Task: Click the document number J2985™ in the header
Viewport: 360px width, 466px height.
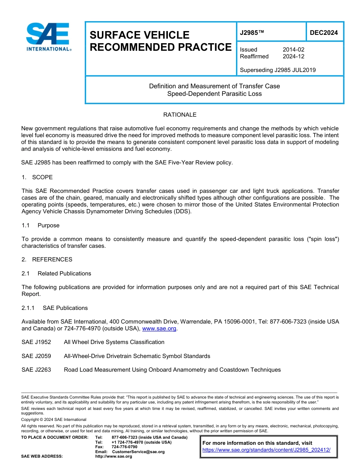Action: coord(252,33)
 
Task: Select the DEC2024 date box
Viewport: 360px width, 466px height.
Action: coord(324,33)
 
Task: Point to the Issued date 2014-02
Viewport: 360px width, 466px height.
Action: coord(293,50)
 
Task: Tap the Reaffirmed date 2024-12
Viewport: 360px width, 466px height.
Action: coord(293,56)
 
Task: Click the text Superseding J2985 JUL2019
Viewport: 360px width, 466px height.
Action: coord(278,70)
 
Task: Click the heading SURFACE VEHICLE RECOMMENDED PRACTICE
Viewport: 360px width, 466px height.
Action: coord(160,41)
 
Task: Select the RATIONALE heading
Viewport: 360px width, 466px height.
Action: coord(180,115)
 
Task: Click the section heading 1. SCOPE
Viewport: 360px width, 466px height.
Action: coord(37,177)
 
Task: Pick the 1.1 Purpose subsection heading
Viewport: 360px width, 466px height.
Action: coord(41,225)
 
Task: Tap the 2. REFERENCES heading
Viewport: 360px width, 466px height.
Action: coord(47,260)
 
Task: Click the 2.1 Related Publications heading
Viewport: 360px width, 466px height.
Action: coord(56,274)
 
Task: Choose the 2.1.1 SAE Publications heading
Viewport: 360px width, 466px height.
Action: coord(55,308)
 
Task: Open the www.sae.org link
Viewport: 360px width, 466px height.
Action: coord(159,328)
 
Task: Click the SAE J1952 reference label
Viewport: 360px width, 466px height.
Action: coord(36,342)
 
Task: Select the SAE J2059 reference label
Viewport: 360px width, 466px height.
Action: coord(36,356)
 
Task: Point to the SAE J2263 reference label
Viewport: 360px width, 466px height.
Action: coord(36,370)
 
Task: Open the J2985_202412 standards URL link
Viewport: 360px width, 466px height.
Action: coord(266,450)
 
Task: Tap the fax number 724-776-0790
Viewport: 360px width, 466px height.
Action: coord(124,447)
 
